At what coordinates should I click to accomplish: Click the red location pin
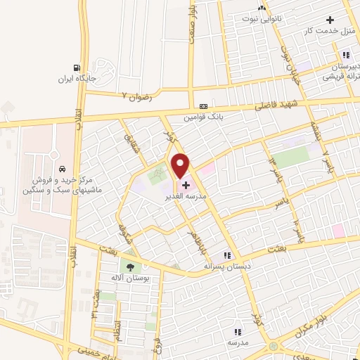(x=181, y=165)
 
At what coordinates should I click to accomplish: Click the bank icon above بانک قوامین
(x=203, y=107)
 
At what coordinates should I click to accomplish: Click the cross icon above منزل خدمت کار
(x=330, y=20)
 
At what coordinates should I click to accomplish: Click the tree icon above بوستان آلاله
(x=129, y=266)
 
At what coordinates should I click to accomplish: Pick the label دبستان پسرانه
(x=224, y=266)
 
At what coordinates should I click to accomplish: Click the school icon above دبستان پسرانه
(x=226, y=255)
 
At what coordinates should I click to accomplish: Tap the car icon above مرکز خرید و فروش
(x=63, y=169)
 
